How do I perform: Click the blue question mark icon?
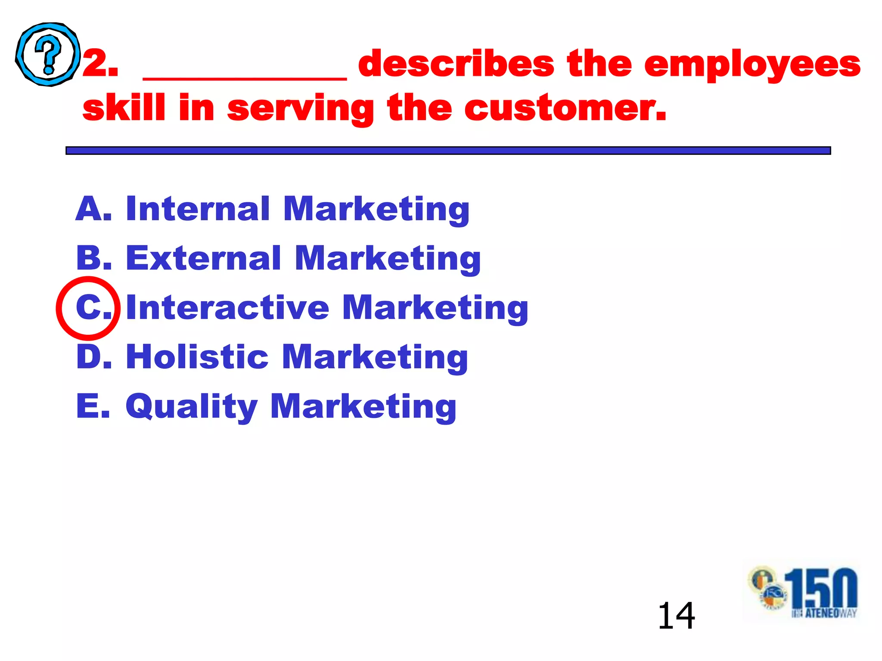48,54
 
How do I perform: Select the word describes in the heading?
456,64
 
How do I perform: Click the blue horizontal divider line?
448,150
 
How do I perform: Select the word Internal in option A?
198,209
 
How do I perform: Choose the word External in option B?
203,258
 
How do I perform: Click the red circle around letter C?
88,306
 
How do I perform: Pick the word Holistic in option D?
197,357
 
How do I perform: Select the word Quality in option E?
191,407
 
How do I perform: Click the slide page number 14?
676,616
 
